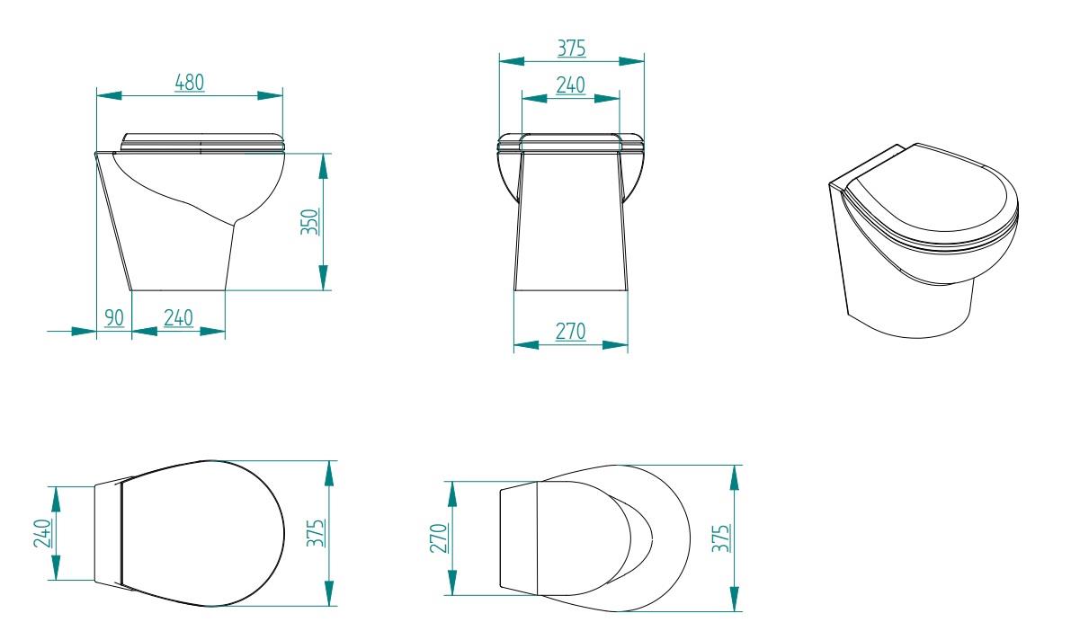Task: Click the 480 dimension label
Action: tap(189, 82)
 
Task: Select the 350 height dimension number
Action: tap(310, 222)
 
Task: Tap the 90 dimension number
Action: tap(114, 317)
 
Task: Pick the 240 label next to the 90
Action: tap(178, 317)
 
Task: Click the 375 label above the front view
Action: tap(571, 48)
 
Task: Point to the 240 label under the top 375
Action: tap(570, 85)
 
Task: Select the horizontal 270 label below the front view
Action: tap(570, 332)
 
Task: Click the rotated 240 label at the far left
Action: tap(42, 533)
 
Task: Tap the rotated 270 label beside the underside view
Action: tap(440, 538)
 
